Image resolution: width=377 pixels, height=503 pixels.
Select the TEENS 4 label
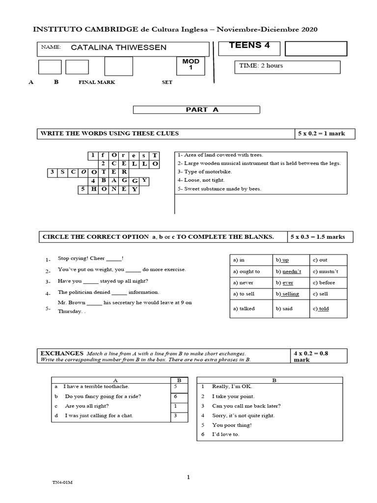(249, 45)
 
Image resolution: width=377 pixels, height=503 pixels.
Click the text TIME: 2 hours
(261, 65)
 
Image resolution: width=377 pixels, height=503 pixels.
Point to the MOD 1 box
(191, 65)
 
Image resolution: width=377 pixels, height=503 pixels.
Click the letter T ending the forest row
(155, 155)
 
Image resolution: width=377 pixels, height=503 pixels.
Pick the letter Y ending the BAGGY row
(145, 181)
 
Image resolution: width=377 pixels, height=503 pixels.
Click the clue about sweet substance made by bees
(219, 189)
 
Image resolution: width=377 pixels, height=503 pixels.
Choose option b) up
(282, 260)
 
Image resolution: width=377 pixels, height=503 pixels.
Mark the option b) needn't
(289, 271)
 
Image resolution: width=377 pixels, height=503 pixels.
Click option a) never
(243, 282)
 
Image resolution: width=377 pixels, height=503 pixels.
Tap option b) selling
(287, 294)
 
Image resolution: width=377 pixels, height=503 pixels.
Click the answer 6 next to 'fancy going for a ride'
(175, 396)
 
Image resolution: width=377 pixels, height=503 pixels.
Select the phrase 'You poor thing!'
(232, 425)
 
